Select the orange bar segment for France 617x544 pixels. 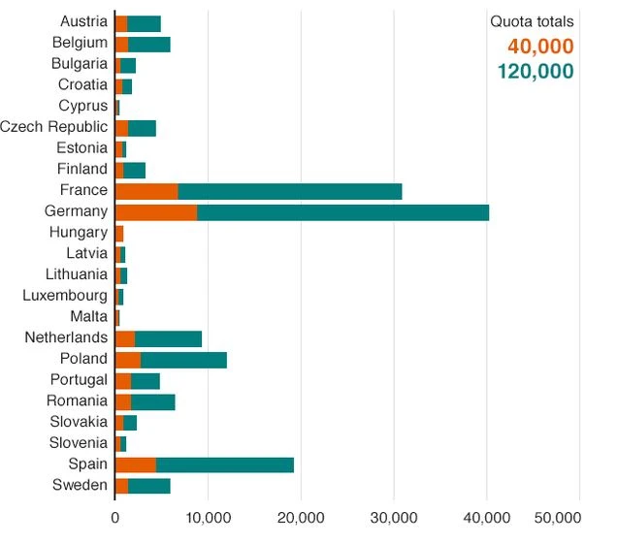coord(146,191)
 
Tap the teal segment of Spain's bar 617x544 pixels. coord(224,464)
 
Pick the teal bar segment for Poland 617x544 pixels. coord(183,360)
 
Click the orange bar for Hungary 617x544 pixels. coord(119,233)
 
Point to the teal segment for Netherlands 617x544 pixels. coord(168,338)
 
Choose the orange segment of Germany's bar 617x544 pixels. coord(156,211)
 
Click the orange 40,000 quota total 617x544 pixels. coord(540,47)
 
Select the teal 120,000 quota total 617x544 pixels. coord(535,71)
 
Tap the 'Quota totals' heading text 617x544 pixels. coord(532,22)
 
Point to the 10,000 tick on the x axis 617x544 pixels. coord(207,519)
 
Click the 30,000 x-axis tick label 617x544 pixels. coord(393,519)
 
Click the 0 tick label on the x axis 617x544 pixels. coord(114,519)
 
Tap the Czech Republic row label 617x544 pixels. coord(53,127)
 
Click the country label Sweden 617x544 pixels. coord(81,485)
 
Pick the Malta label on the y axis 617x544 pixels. coord(89,317)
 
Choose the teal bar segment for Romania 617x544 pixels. coord(152,401)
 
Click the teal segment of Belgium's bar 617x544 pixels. coord(148,44)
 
